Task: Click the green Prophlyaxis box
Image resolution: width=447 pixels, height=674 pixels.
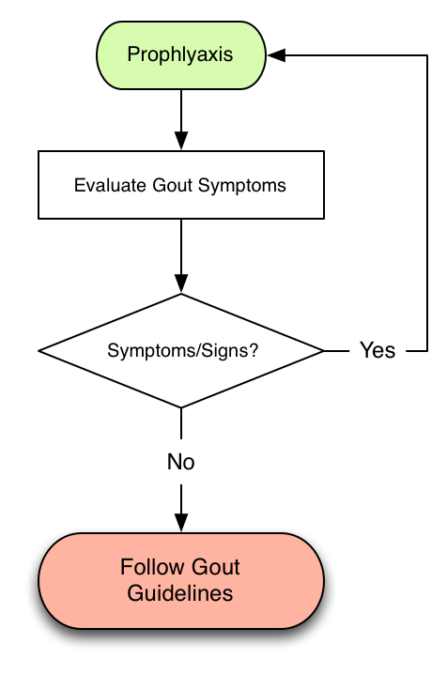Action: click(181, 55)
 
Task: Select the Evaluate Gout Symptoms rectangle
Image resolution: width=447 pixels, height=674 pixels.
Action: click(181, 185)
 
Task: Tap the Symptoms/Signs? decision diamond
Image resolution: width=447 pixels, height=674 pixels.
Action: click(181, 350)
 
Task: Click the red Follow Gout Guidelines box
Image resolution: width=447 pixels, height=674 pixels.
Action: click(181, 581)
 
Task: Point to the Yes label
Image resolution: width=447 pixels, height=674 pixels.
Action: click(378, 350)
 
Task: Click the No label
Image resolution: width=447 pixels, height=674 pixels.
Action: click(181, 462)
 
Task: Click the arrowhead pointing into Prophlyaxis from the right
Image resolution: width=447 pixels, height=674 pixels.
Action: click(276, 55)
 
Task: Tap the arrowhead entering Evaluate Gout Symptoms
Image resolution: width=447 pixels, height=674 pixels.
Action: click(181, 141)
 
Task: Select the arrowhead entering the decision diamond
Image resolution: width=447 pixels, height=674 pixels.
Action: click(181, 283)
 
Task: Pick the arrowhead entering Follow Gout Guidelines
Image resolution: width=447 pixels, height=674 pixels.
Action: click(181, 523)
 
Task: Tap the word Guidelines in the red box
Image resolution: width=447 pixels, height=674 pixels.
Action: click(180, 592)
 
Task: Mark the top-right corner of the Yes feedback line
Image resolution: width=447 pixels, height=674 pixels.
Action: click(427, 55)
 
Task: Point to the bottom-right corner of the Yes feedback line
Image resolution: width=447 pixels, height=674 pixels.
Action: click(427, 351)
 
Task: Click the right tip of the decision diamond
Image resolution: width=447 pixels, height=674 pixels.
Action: click(324, 351)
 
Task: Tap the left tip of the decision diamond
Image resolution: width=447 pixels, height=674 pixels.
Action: click(39, 351)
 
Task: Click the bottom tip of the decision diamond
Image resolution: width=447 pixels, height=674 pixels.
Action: click(181, 407)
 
